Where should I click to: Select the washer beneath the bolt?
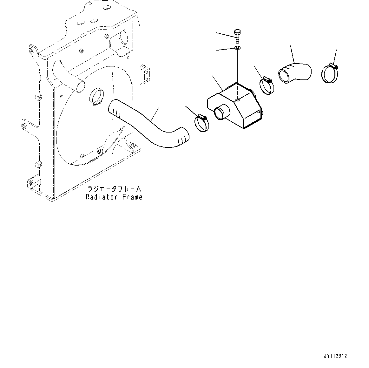[237, 48]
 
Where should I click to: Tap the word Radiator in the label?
[99, 197]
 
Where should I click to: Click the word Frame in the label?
[132, 197]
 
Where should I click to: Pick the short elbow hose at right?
[295, 72]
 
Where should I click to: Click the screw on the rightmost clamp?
[333, 66]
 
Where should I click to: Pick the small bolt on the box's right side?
[261, 112]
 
